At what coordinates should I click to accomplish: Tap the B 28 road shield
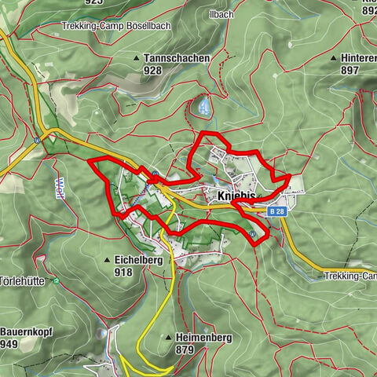pos(276,211)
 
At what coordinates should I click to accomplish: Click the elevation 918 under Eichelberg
pos(123,273)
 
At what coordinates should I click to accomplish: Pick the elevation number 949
pos(10,344)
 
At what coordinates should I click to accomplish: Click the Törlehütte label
pos(23,280)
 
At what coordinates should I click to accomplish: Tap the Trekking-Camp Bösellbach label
pos(115,26)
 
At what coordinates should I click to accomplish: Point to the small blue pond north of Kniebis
pos(203,103)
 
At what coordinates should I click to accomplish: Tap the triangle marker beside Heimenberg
pos(167,337)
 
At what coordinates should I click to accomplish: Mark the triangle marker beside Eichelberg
pos(108,259)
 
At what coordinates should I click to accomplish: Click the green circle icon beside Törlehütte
pos(56,280)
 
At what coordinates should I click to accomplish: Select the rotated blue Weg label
pos(60,190)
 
